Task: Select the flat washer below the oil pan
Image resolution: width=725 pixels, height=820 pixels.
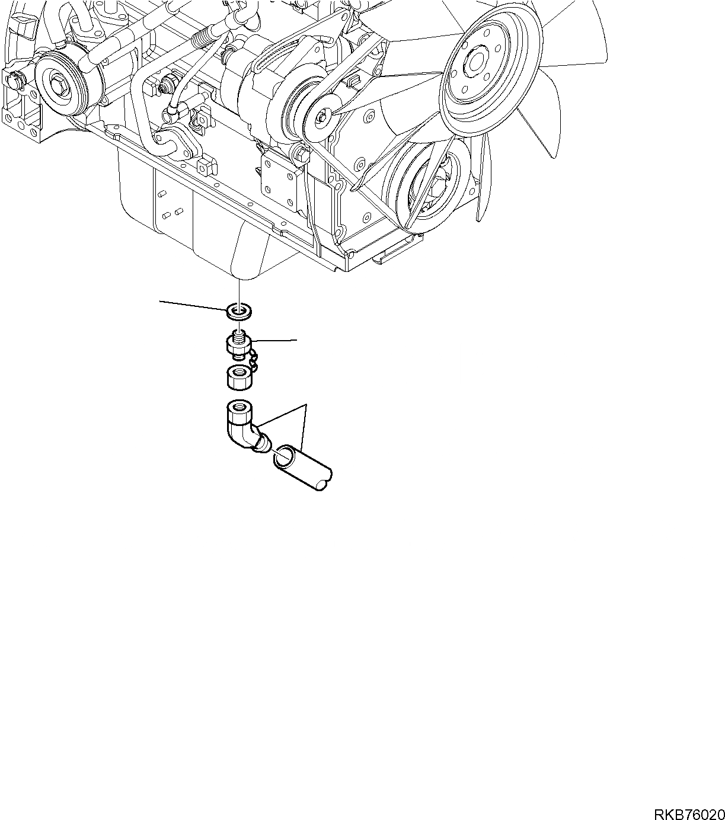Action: [x=239, y=310]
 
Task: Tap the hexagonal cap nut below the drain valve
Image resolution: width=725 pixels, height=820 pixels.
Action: [x=239, y=377]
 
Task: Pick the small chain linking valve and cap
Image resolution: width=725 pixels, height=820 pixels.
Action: [x=254, y=361]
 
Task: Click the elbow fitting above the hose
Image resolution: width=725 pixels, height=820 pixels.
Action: [x=242, y=425]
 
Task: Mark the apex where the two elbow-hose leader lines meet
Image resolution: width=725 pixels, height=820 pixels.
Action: [x=305, y=405]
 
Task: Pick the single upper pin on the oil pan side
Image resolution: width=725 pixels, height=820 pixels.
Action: [x=161, y=194]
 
